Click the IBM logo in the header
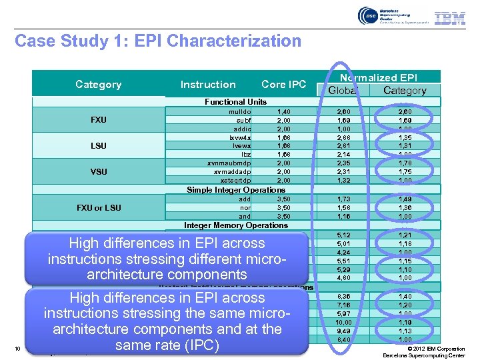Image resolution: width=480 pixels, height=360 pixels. click(x=450, y=18)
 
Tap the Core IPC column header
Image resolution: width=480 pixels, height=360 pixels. click(x=283, y=85)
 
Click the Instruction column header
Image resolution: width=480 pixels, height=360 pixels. click(x=208, y=85)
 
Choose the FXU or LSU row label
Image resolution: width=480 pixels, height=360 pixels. click(x=99, y=208)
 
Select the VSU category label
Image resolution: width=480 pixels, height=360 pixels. click(x=99, y=172)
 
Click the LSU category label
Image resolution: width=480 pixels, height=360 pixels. click(x=99, y=146)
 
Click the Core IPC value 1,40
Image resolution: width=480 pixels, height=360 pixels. click(x=283, y=111)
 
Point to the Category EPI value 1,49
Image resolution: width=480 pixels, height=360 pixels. click(x=405, y=199)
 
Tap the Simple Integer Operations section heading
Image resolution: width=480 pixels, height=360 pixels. click(x=236, y=190)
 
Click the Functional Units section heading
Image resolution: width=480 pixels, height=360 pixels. click(x=235, y=102)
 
